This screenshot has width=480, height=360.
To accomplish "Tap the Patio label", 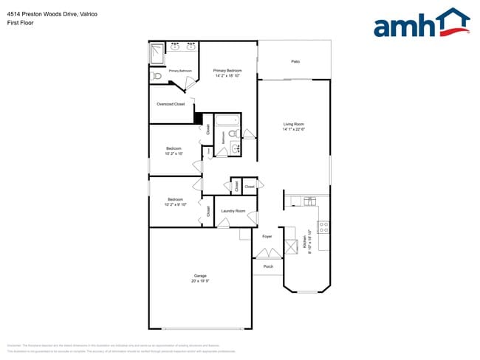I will click(295, 61).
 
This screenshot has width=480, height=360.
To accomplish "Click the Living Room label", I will click(294, 124).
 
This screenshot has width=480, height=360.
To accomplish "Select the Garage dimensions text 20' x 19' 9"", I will click(200, 281).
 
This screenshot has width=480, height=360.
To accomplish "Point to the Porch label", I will click(268, 266).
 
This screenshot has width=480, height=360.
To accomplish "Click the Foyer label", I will click(267, 237).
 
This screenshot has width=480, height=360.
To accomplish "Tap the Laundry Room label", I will click(233, 211).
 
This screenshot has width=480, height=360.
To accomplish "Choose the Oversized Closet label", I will click(171, 104).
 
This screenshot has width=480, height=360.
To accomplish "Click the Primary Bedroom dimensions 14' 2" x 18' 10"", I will click(228, 75).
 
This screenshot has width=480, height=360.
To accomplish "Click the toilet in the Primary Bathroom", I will click(155, 75).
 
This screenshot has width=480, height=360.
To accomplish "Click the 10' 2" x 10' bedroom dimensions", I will click(175, 153).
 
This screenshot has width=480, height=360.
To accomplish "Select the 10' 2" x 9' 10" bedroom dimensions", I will click(176, 204).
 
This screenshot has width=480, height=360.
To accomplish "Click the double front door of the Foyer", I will click(267, 253).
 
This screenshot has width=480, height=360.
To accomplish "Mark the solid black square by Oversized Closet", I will click(197, 118).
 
